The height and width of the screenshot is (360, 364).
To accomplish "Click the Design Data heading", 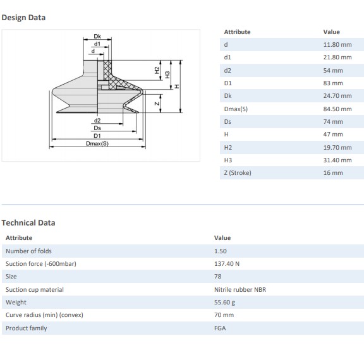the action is pos(23,18).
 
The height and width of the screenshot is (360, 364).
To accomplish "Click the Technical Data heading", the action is pos(28,223).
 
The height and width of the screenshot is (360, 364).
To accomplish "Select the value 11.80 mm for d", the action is pos(337,45).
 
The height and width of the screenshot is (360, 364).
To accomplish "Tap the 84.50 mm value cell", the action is pos(337,109).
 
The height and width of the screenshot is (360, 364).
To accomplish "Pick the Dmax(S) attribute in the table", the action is pos(236,109).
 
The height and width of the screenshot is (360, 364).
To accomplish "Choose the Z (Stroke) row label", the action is pos(238,173).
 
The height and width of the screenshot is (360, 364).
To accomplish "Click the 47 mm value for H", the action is pos(333,135).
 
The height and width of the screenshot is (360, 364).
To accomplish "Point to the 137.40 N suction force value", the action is pos(227,264).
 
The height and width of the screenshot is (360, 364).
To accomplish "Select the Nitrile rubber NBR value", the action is pos(240,289).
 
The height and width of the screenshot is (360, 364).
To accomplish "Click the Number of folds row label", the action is pos(28,251).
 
